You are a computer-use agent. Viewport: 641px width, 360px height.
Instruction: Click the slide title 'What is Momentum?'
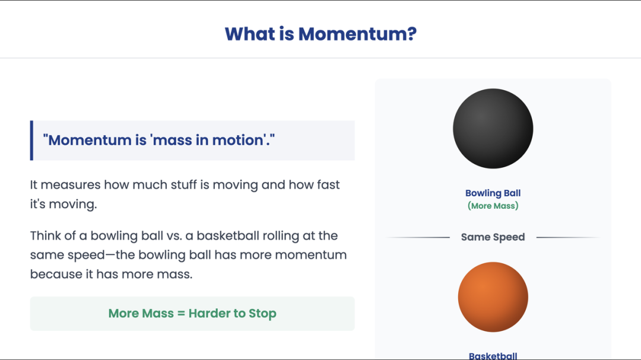click(x=320, y=34)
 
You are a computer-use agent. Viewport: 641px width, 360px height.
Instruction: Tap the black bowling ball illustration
click(x=493, y=129)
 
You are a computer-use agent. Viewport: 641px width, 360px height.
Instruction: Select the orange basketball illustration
click(x=493, y=297)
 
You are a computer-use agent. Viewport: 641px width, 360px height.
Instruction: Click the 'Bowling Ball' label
click(x=493, y=193)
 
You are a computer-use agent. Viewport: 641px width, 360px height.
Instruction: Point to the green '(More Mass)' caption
click(x=493, y=206)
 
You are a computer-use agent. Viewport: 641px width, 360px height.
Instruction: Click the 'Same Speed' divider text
click(x=493, y=237)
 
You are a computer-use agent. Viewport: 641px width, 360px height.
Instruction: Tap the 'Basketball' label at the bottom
click(x=493, y=356)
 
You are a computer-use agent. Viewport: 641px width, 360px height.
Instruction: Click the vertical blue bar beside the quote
click(x=31, y=141)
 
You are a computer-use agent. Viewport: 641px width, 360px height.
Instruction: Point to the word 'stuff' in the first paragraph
click(x=184, y=184)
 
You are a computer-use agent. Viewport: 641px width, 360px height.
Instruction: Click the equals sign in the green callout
click(x=181, y=313)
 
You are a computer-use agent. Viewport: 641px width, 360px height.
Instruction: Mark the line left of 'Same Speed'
click(x=418, y=237)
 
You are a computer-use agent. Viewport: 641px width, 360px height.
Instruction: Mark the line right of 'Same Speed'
click(x=568, y=237)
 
